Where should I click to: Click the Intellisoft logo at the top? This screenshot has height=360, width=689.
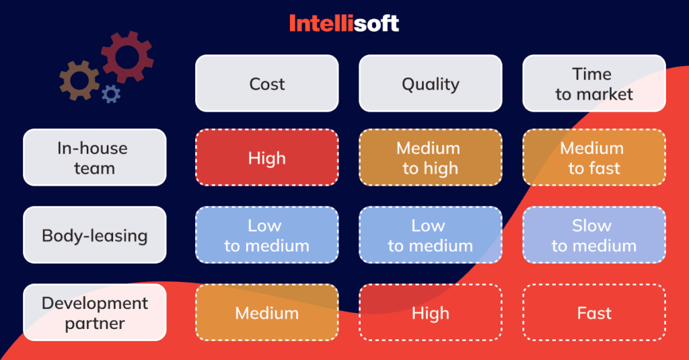[x=344, y=24]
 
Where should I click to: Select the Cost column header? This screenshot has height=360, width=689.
[x=266, y=84]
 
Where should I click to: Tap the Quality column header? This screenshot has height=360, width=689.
[x=431, y=84]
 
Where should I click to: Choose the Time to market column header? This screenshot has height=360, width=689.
[x=594, y=84]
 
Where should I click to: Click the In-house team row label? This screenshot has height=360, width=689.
[x=94, y=157]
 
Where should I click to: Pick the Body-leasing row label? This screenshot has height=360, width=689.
[x=94, y=236]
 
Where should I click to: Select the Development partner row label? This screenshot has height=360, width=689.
[x=94, y=313]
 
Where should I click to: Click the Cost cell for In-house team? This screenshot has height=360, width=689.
[x=266, y=157]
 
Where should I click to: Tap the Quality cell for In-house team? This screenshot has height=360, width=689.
[x=431, y=157]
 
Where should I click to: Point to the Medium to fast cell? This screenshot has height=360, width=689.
[x=594, y=157]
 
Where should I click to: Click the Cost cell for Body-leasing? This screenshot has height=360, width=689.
[x=266, y=236]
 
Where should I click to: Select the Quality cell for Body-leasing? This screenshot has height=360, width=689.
[x=431, y=236]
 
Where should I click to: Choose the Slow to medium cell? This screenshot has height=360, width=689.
[x=594, y=236]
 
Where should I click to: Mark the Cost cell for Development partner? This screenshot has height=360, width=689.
[x=266, y=313]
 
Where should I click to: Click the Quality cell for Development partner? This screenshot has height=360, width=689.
[x=431, y=313]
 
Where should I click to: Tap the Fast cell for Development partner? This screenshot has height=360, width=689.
[x=594, y=313]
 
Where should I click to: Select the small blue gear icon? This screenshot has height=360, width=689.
[x=110, y=94]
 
